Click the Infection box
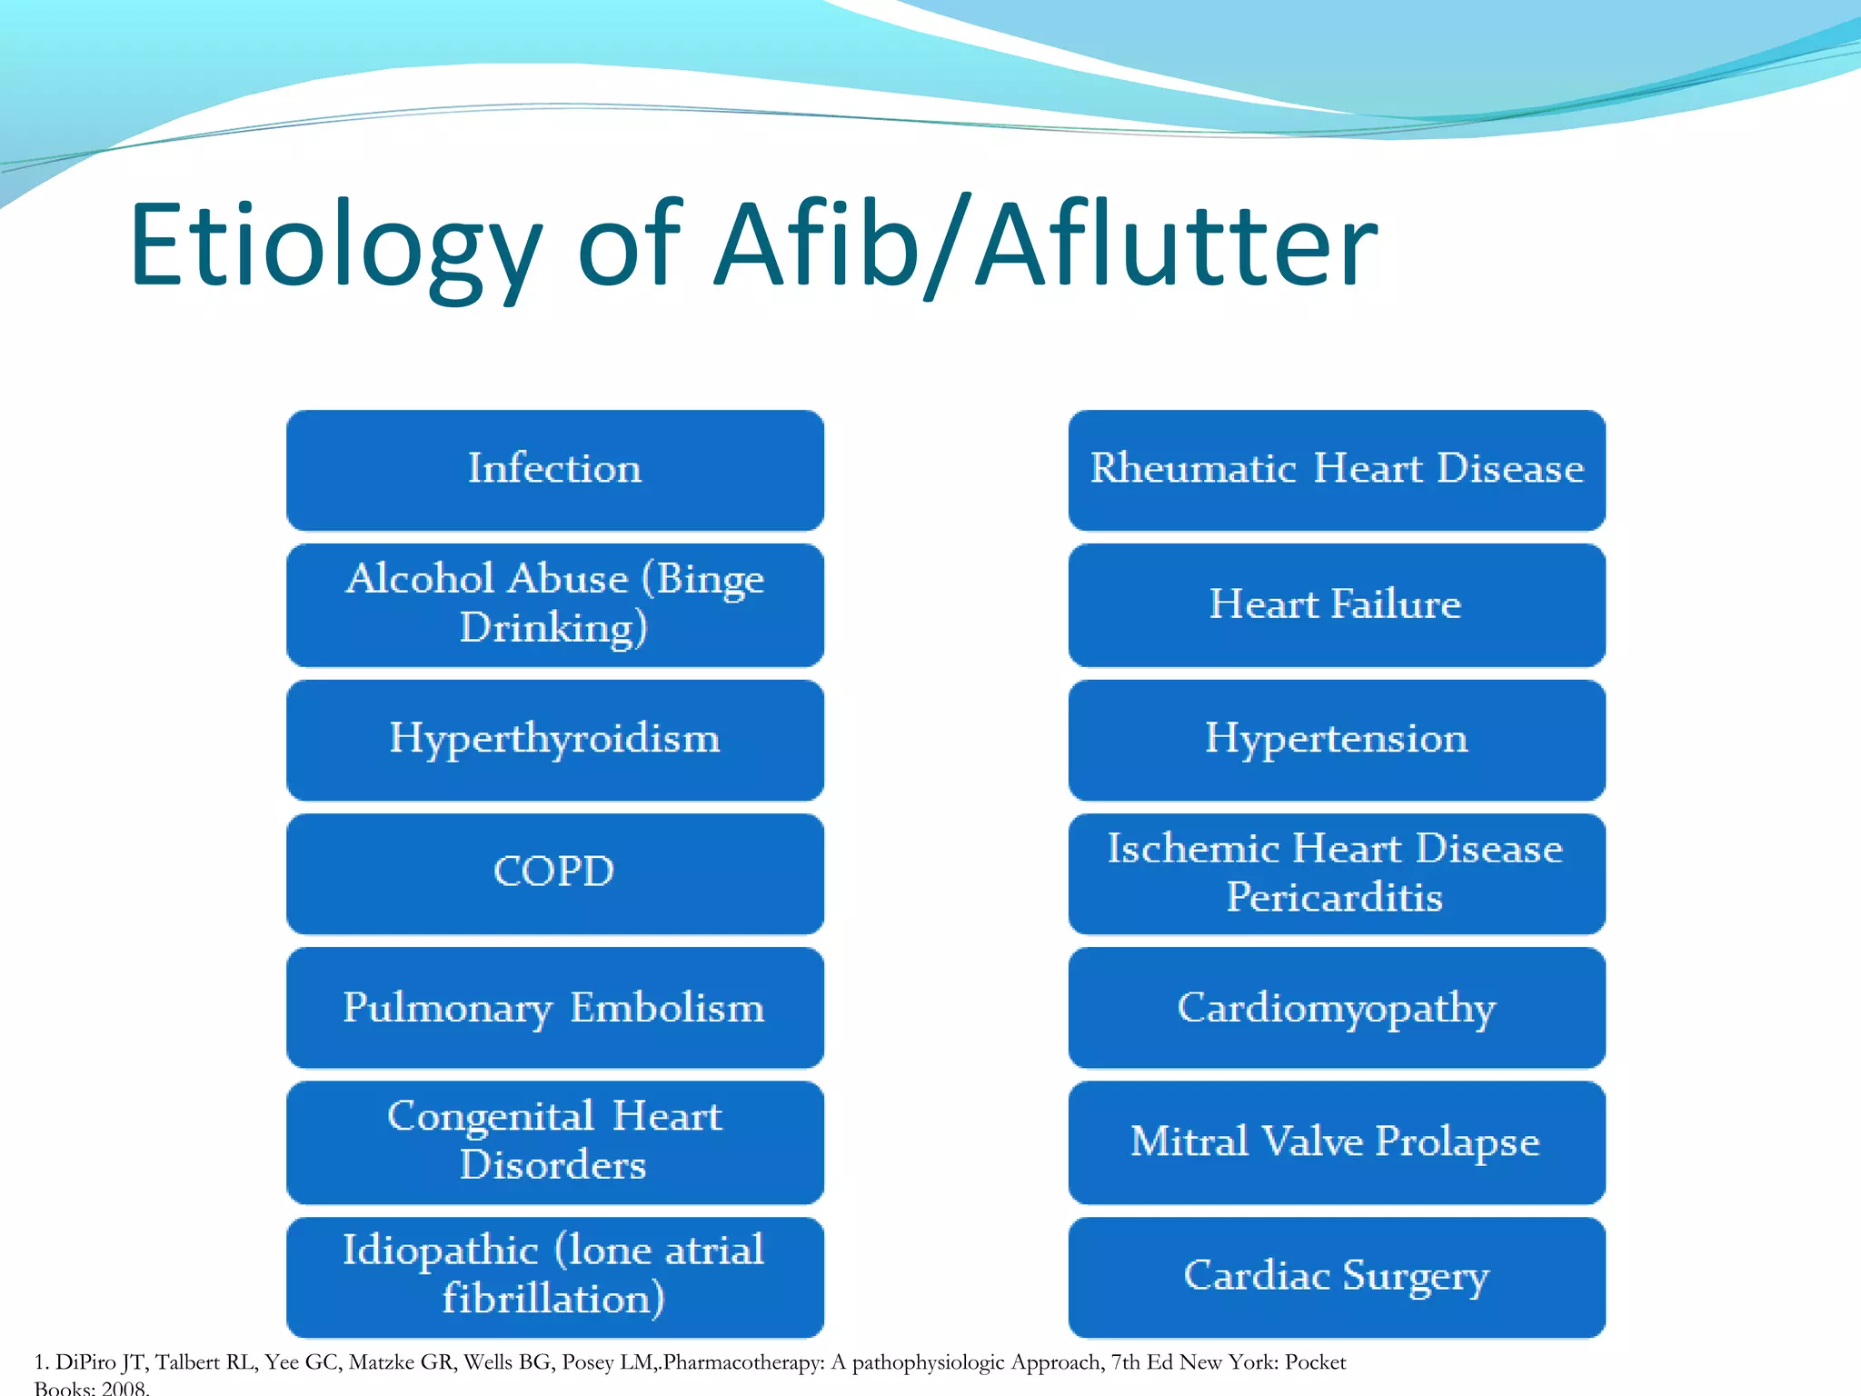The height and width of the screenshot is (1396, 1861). click(x=554, y=470)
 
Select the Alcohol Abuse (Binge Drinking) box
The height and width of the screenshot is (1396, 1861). click(x=554, y=604)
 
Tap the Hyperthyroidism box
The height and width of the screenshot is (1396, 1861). click(x=554, y=739)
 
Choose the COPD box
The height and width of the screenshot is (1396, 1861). click(x=554, y=872)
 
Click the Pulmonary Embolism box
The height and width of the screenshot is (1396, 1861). click(x=554, y=1007)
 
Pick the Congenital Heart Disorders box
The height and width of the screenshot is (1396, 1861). click(x=554, y=1142)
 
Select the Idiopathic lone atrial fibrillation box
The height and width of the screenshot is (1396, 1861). click(x=554, y=1276)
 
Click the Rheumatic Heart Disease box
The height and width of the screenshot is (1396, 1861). click(x=1336, y=470)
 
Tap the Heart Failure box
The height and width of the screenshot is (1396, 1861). click(x=1336, y=604)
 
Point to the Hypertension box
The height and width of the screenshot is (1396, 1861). click(x=1336, y=739)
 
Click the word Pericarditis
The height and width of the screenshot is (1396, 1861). click(x=1334, y=898)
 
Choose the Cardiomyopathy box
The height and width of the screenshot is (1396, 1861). click(x=1336, y=1007)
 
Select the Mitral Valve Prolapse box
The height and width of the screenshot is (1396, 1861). click(x=1336, y=1142)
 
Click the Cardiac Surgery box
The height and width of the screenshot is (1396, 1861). click(x=1336, y=1276)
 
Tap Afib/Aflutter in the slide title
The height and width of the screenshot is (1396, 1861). click(x=1045, y=245)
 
